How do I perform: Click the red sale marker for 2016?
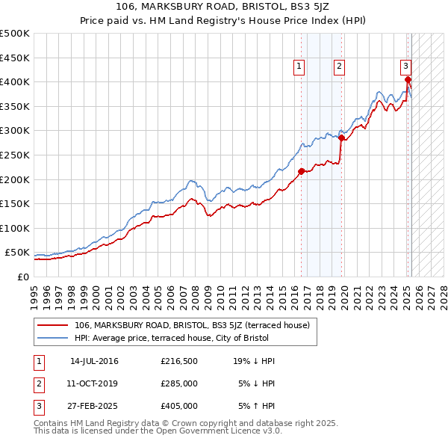point(302,171)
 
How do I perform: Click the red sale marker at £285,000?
point(342,138)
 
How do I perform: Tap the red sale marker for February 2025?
point(408,79)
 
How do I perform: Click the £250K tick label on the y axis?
point(15,155)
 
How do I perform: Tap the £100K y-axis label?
point(15,228)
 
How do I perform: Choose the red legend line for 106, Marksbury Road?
point(54,325)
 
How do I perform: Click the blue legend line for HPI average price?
point(54,337)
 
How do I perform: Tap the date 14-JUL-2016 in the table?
point(94,361)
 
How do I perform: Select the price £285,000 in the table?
point(179,383)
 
